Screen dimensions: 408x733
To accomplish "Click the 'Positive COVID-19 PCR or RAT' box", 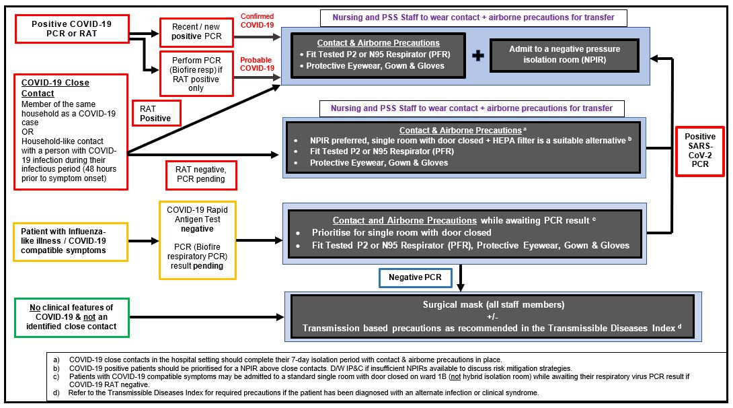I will coord(72,29).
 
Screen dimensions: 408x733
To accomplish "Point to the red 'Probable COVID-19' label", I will coord(257,63).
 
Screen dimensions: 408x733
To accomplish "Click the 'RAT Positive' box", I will coord(155,112).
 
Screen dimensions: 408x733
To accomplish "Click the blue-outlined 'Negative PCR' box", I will coord(414,277).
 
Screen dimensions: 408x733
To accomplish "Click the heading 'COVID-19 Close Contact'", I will coord(55,88).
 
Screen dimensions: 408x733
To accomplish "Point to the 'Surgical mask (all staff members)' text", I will coord(493,305).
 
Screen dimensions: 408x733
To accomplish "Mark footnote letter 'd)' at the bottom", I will coord(57,393).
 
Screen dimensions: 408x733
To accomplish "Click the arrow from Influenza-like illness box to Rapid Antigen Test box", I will coord(144,240).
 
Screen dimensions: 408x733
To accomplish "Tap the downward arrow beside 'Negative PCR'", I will coord(461,277).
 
